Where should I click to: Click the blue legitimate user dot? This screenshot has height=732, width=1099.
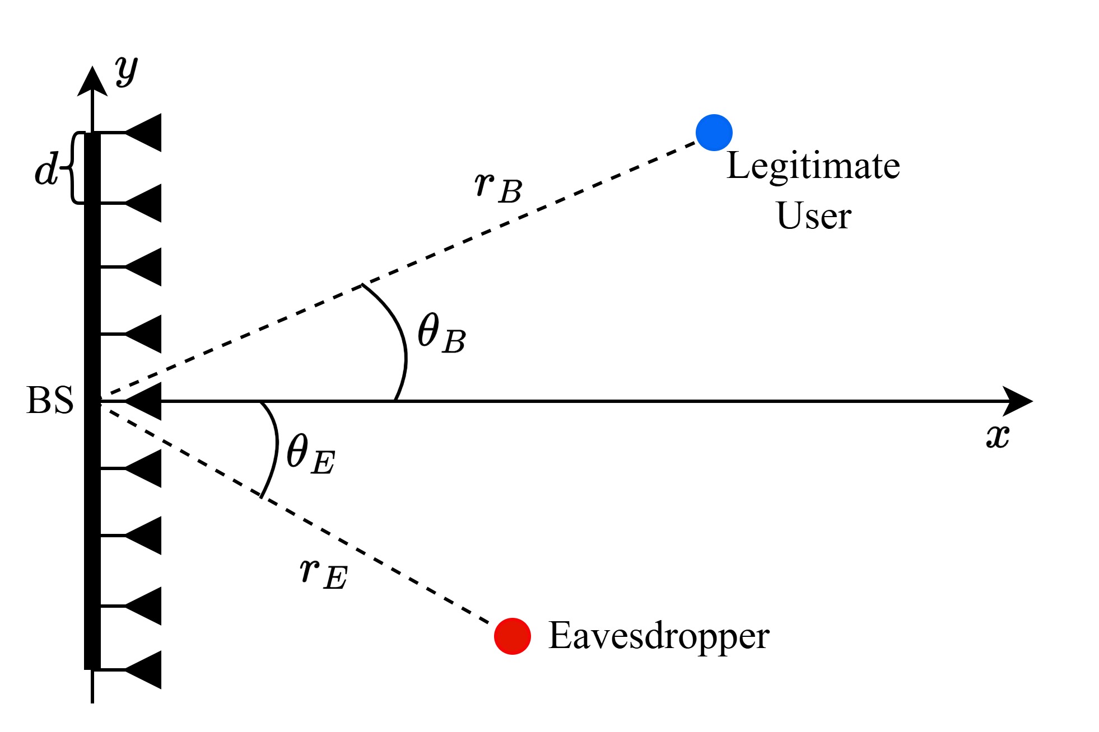(x=714, y=133)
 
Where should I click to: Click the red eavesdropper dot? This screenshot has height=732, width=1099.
(x=512, y=636)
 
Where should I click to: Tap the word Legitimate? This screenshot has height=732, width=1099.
(x=813, y=166)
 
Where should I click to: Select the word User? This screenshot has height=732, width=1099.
(x=813, y=216)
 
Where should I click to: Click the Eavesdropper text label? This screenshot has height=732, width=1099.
(x=658, y=636)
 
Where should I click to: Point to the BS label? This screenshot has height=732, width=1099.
(x=49, y=401)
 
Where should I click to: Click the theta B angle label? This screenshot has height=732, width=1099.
(x=441, y=334)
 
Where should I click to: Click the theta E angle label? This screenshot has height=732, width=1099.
(x=310, y=454)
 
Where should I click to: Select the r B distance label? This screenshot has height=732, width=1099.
(x=497, y=187)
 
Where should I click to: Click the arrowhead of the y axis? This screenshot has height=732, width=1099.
(x=92, y=81)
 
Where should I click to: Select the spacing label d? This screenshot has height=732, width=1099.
(x=46, y=168)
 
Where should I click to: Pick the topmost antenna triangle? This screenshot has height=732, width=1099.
(x=145, y=133)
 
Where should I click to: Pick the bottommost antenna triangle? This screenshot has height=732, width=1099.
(x=145, y=669)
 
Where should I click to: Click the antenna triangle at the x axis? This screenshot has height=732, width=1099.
(x=145, y=401)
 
